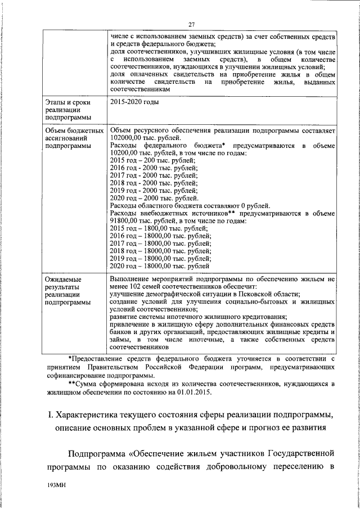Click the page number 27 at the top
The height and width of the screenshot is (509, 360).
[x=192, y=24]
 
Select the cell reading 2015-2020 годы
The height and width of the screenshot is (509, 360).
[x=135, y=102]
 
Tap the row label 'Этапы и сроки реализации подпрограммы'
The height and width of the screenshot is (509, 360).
[x=66, y=111]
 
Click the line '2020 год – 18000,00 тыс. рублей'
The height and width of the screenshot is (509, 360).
[x=160, y=265]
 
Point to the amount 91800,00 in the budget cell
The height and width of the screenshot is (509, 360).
[x=128, y=221]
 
